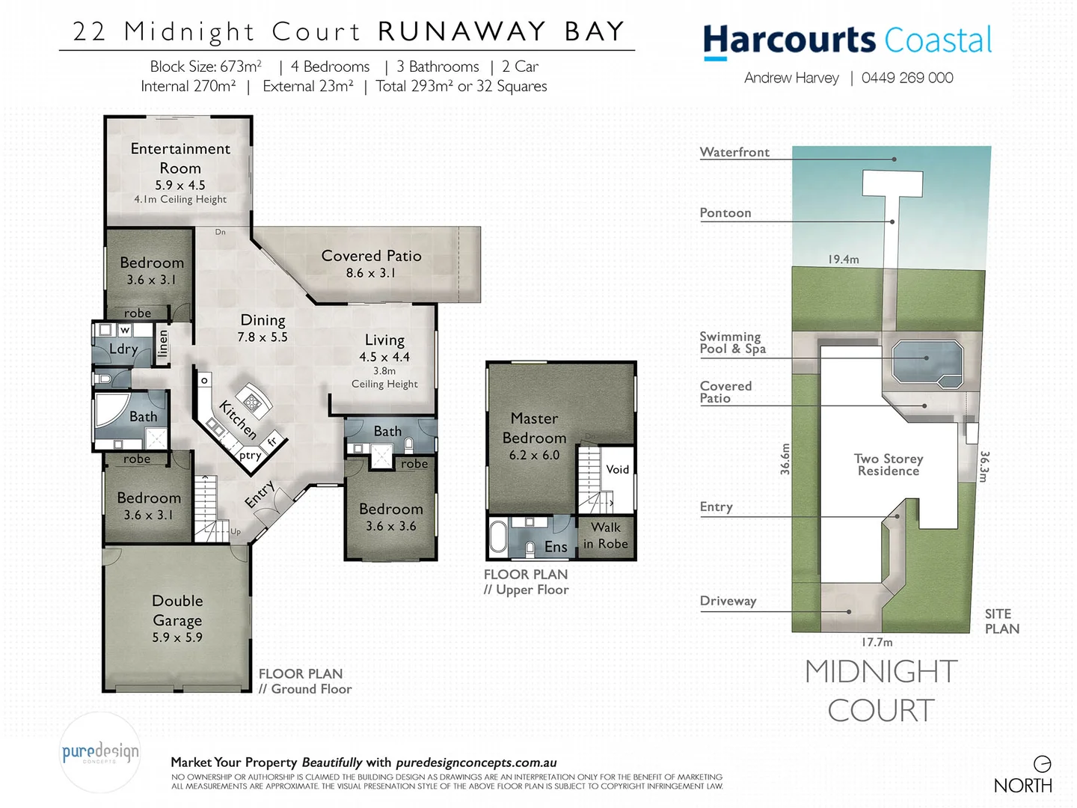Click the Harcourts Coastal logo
tap(847, 40)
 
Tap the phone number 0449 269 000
tap(907, 78)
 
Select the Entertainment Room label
tap(180, 159)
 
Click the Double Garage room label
tap(177, 610)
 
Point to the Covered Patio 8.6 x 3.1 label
tap(371, 263)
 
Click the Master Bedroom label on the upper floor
tap(534, 428)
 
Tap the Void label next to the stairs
tap(617, 469)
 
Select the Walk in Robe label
tap(606, 536)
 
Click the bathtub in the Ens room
tap(498, 537)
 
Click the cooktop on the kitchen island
tap(253, 403)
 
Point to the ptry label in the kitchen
tap(250, 455)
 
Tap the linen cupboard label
tap(163, 344)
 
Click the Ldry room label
tap(123, 349)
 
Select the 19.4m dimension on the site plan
tap(843, 259)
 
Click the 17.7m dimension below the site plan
tap(877, 642)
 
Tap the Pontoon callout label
tap(725, 212)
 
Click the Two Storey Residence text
tap(889, 465)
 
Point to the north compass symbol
tap(1042, 764)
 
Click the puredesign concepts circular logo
tap(99, 753)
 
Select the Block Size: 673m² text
tap(206, 67)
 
